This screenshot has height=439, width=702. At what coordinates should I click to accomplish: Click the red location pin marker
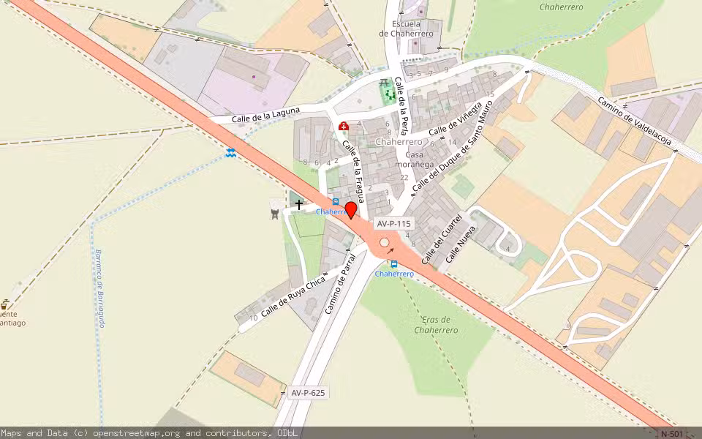[351, 210]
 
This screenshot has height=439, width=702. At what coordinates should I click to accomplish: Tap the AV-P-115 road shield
[394, 224]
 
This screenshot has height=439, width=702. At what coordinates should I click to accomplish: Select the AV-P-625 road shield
[308, 393]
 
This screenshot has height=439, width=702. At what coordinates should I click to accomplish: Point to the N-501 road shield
[673, 434]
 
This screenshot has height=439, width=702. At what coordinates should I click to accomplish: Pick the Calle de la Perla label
[401, 102]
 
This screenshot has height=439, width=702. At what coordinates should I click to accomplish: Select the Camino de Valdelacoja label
[635, 121]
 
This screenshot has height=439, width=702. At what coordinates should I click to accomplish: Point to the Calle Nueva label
[461, 244]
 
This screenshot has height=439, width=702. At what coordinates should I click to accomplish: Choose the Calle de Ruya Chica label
[293, 296]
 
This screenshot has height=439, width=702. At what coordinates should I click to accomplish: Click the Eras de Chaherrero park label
[436, 325]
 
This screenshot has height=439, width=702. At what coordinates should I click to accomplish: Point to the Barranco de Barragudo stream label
[102, 288]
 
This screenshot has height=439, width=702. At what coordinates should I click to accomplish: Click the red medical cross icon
[343, 127]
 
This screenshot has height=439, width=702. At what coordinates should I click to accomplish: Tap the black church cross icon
[299, 206]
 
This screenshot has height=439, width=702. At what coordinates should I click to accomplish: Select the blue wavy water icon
[231, 151]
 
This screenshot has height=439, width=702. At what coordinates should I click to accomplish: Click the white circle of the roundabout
[385, 242]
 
